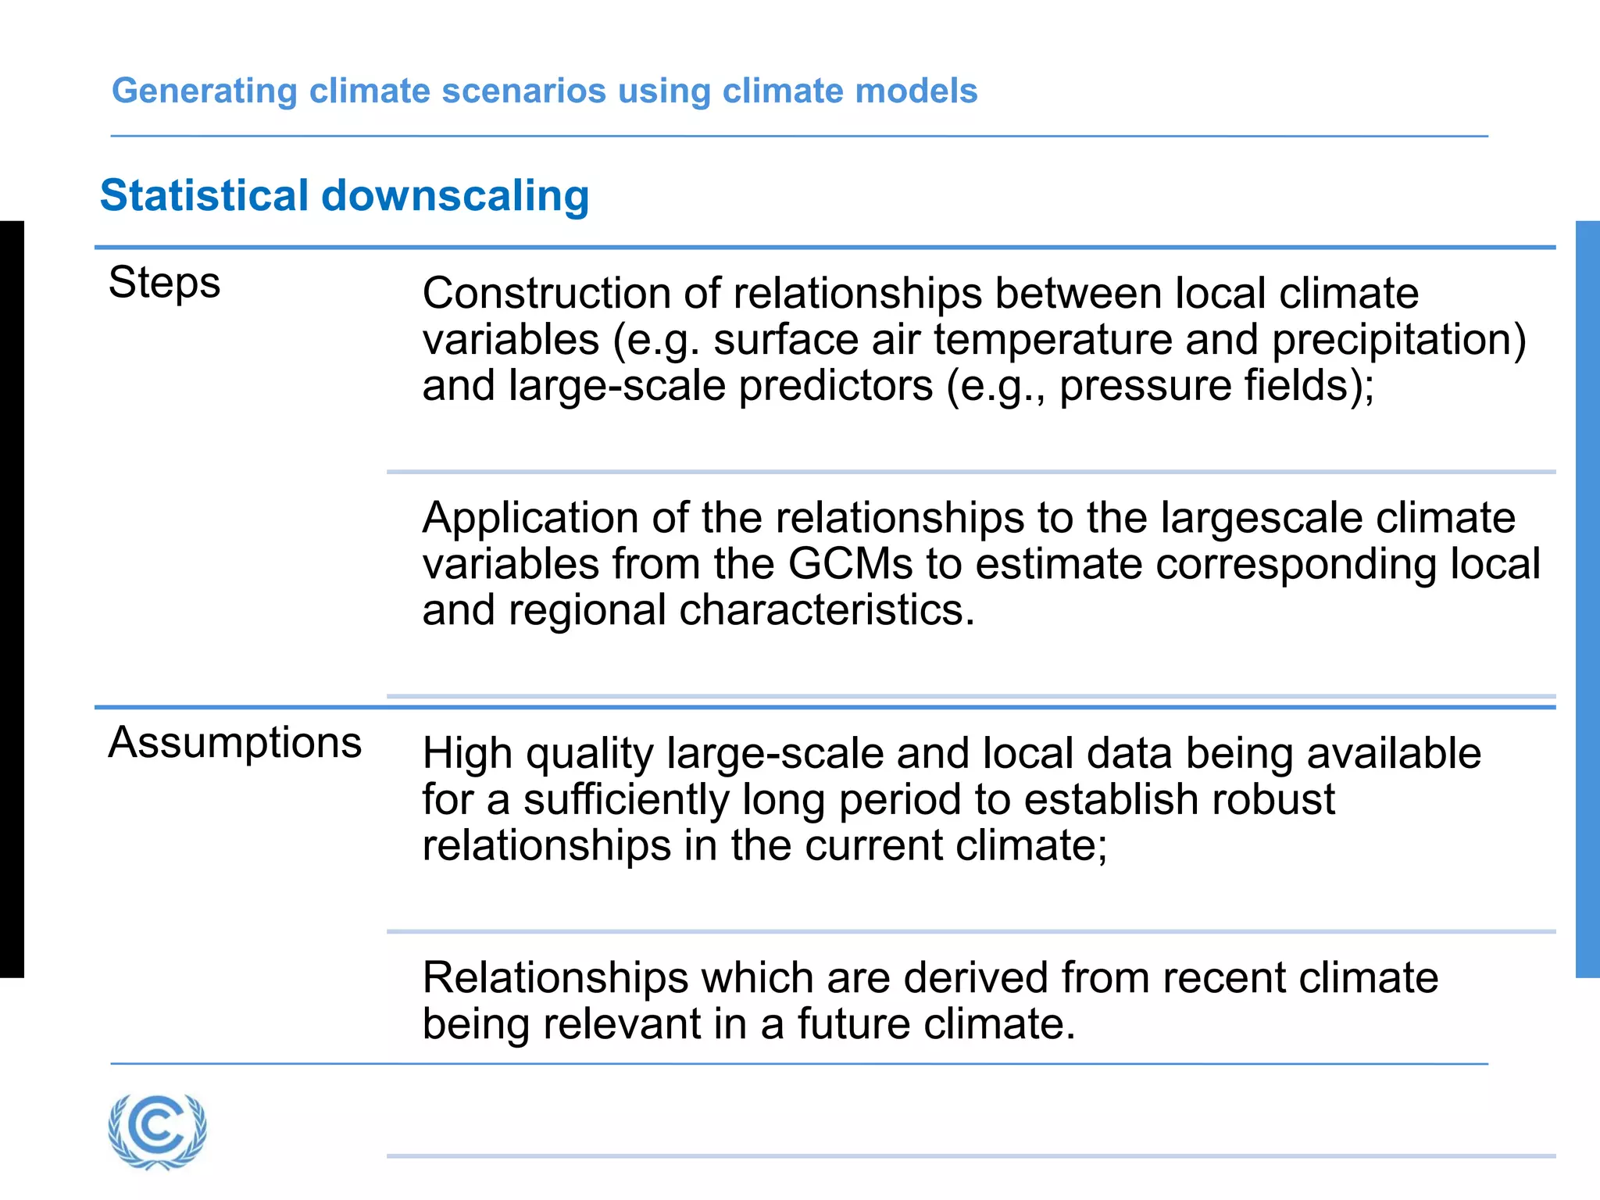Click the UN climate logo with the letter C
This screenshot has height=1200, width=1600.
click(x=158, y=1130)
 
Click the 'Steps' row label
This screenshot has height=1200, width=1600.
click(x=164, y=283)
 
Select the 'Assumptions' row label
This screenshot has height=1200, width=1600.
click(x=234, y=742)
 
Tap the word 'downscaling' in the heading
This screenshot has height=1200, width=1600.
click(x=455, y=195)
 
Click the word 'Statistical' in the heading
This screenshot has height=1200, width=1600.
click(x=205, y=195)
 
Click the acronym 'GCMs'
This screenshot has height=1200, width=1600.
click(x=850, y=564)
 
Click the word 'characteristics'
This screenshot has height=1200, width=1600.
click(x=827, y=610)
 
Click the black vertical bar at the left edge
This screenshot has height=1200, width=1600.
click(x=12, y=599)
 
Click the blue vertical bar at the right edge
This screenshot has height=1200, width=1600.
click(x=1587, y=599)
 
